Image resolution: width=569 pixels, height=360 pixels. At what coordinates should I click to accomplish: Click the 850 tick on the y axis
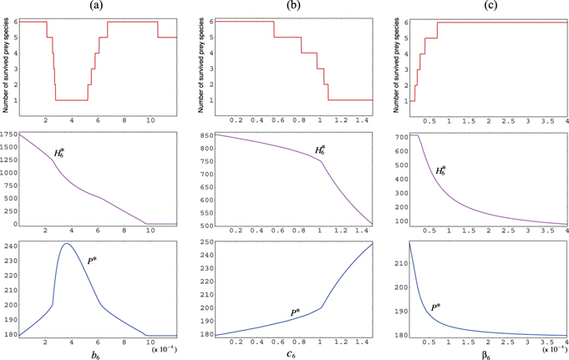(202, 135)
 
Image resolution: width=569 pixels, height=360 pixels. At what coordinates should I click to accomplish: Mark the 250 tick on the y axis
(202, 242)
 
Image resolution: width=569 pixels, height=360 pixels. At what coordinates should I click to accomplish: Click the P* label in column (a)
(94, 261)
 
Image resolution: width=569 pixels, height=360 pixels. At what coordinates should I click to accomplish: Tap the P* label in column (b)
(295, 312)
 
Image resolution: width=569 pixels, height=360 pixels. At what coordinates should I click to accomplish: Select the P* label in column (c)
(437, 308)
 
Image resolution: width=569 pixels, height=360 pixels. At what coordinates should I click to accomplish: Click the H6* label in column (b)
(320, 151)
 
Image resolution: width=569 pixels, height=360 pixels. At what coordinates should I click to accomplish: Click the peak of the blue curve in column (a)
(65, 243)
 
